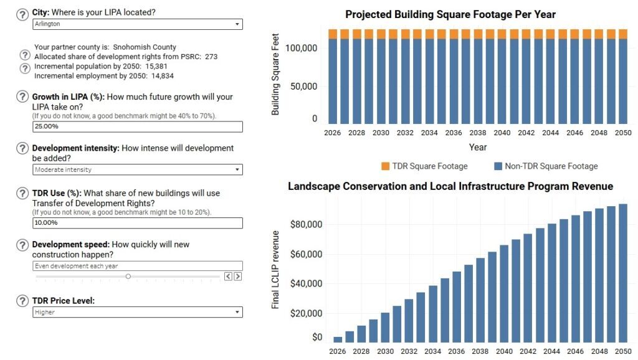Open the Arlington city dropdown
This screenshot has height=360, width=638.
tap(137, 24)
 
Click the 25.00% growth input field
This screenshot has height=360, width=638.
tap(137, 126)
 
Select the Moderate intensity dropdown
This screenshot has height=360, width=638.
tap(137, 169)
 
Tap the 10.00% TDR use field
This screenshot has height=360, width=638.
tap(137, 223)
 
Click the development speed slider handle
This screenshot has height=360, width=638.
tap(128, 276)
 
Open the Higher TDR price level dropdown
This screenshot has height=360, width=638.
tap(137, 312)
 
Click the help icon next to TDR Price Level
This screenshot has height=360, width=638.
tap(22, 301)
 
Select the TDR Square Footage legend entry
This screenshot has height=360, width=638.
tap(424, 166)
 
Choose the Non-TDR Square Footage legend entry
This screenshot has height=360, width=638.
tap(545, 166)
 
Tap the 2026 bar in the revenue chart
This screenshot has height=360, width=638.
tap(338, 339)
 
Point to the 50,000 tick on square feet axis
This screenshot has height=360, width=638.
tap(305, 87)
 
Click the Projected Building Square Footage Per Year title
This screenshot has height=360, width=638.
tap(450, 14)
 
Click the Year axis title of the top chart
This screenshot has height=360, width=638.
tap(478, 148)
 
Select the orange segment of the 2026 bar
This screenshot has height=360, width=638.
tap(333, 34)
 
